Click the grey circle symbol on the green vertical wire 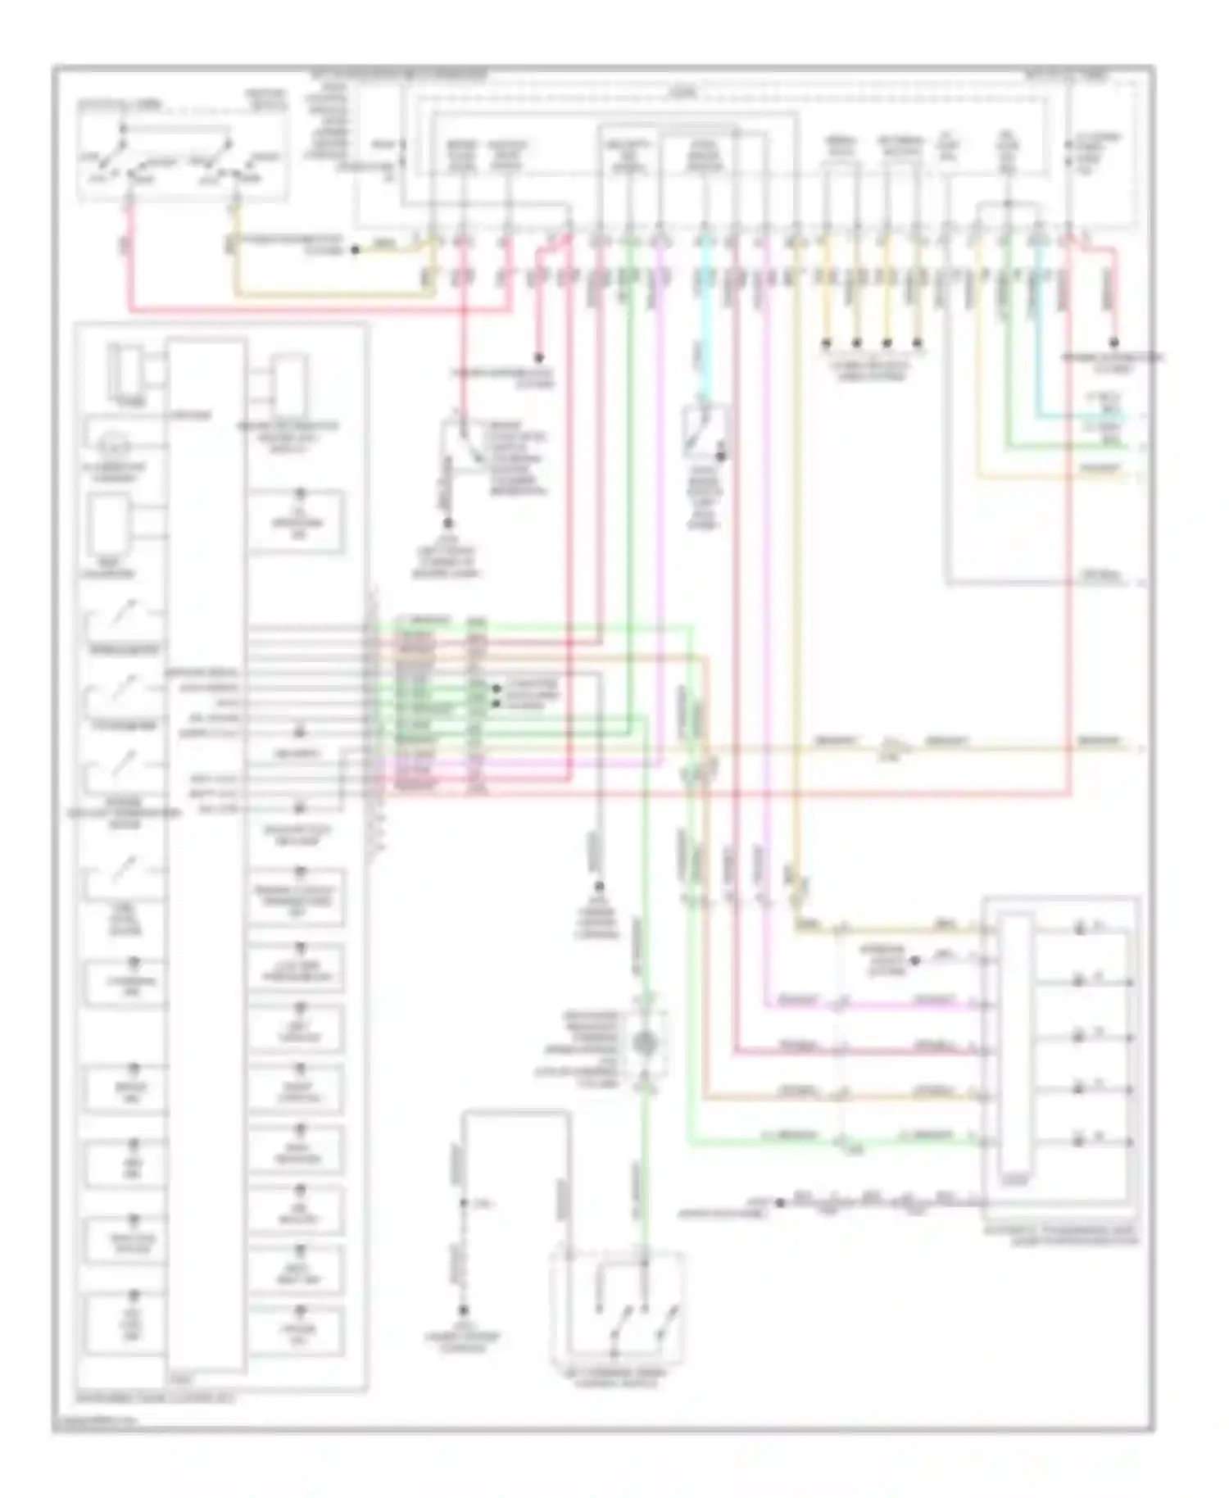click(645, 1042)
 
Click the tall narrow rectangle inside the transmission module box click(1016, 1049)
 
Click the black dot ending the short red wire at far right click(1114, 343)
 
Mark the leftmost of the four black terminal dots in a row click(827, 343)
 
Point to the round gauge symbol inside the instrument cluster click(114, 447)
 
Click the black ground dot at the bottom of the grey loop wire click(464, 1310)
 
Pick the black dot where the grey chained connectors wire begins click(778, 1202)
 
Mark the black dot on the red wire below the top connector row click(539, 358)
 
